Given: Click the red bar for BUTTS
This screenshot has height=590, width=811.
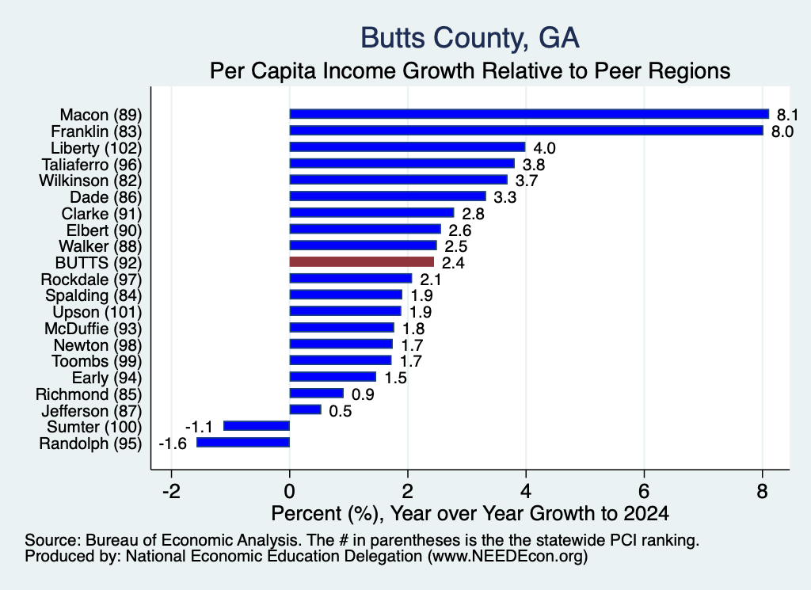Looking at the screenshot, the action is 361,261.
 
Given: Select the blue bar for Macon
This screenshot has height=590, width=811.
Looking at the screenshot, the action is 529,114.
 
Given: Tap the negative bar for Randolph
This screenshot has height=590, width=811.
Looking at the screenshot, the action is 243,443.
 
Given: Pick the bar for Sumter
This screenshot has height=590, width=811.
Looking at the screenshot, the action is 257,426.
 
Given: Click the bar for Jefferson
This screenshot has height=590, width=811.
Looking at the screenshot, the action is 305,410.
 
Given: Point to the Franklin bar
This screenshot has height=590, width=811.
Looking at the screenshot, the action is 527,131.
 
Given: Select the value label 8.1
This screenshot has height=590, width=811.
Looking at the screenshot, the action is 787,115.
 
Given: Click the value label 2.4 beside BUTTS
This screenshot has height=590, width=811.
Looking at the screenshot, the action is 453,263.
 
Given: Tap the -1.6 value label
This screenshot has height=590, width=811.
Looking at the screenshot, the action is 173,443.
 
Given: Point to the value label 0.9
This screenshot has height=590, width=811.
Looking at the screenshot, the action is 363,394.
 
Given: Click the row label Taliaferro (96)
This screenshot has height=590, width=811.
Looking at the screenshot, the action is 92,165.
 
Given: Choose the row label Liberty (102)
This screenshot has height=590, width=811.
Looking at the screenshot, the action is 96,148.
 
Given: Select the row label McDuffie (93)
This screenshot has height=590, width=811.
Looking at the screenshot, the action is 93,329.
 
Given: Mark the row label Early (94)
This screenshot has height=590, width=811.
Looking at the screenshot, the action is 107,378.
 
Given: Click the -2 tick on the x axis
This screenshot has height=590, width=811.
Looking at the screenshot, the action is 171,491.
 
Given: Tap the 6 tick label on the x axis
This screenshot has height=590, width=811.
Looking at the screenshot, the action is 644,491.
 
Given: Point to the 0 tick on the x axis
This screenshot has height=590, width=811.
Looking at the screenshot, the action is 290,491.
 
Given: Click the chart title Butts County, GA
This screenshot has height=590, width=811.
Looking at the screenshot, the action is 470,38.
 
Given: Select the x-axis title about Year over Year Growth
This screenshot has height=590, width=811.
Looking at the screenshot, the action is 470,513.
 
